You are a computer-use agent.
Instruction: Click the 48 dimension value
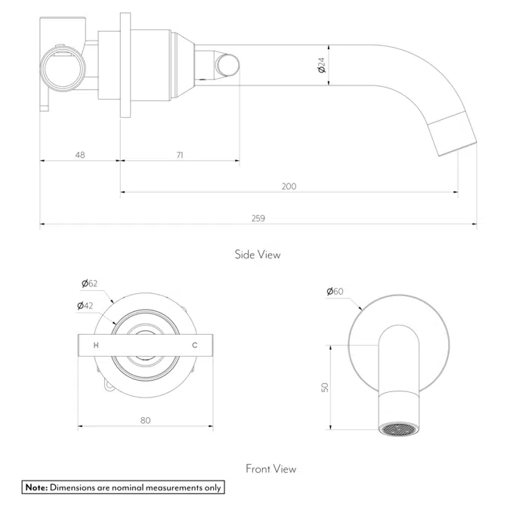point(80,154)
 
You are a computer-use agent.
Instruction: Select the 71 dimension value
point(180,154)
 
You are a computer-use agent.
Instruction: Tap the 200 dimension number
point(289,186)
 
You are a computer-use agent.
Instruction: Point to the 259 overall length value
point(258,218)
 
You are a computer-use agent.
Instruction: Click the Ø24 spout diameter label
point(321,66)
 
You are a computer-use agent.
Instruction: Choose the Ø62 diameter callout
point(90,284)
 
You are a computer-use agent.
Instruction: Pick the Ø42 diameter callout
point(85,306)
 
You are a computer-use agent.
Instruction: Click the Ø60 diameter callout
point(335,291)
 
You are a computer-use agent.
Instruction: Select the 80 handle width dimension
point(145,420)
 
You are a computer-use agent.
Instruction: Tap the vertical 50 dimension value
point(325,386)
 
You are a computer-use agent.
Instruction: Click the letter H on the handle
point(95,345)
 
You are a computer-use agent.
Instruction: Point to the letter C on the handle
point(194,345)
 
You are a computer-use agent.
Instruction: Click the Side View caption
point(257,255)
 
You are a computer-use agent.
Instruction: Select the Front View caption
point(270,469)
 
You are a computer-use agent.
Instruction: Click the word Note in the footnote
point(36,487)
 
